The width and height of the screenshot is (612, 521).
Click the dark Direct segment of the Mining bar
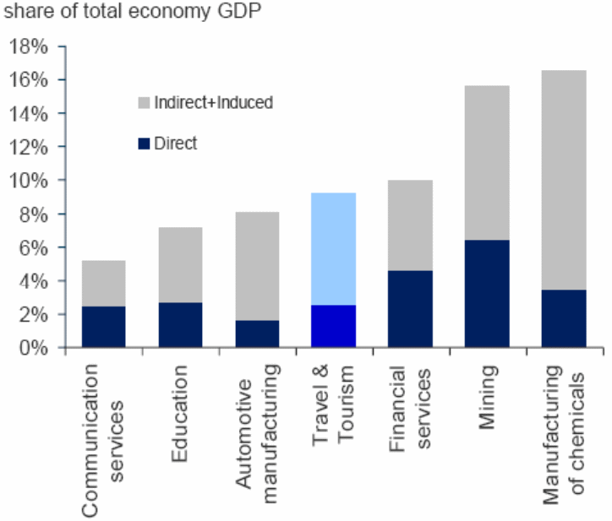coord(487,294)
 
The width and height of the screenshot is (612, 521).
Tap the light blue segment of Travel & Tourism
coord(333,249)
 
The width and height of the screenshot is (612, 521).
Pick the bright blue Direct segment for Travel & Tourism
coord(333,326)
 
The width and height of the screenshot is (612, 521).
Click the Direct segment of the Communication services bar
coord(103,327)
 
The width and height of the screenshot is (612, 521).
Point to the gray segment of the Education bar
coord(180,265)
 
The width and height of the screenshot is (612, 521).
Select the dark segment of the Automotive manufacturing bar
coord(256,334)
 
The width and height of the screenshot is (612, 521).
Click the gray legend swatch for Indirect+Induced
coord(144,103)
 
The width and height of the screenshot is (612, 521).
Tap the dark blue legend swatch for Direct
coord(144,144)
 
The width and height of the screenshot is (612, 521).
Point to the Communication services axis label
coord(103,439)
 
